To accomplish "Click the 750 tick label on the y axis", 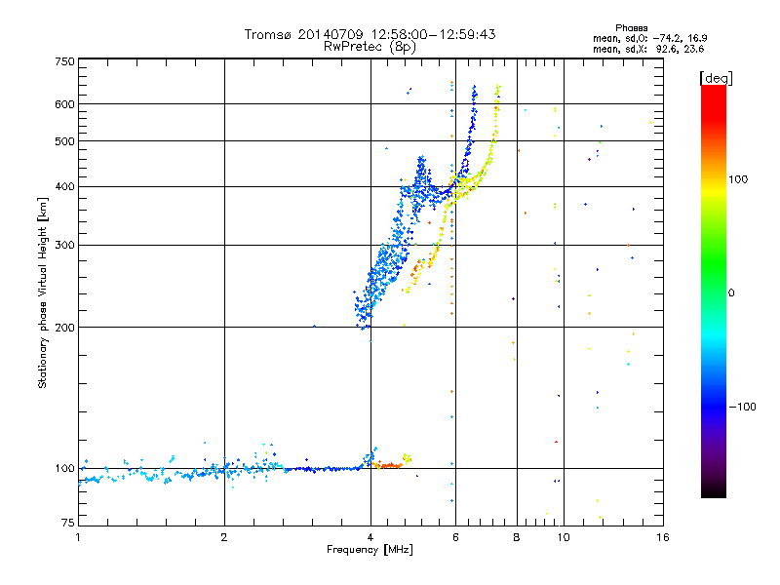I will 64,60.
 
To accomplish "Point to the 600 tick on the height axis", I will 64,103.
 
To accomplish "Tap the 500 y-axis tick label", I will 64,141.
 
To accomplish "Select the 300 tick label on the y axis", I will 64,245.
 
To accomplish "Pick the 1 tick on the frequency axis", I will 78,536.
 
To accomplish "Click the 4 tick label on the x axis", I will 370,536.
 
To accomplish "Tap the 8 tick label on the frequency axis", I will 517,536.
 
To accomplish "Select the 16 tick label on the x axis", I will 662,536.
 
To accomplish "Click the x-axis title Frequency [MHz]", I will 370,550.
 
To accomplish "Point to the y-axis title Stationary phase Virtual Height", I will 43,292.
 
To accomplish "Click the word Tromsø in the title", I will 268,34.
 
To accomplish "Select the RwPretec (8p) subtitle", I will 370,46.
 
